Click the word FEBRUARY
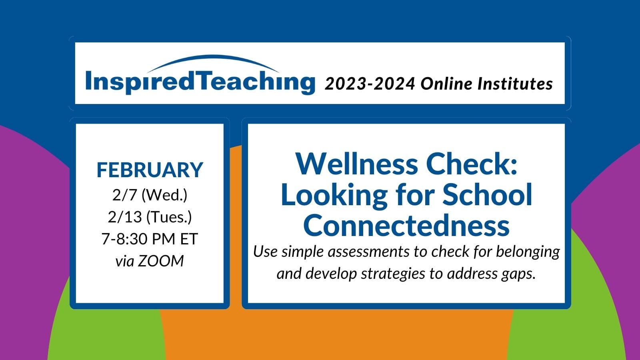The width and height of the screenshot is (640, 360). click(150, 170)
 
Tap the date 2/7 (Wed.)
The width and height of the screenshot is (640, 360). click(150, 195)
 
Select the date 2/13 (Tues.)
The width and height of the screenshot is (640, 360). click(150, 217)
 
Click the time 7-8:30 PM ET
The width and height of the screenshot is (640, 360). click(150, 239)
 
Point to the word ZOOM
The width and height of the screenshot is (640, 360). click(161, 261)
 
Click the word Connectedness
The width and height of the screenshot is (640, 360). click(406, 225)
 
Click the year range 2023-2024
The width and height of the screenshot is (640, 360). click(370, 84)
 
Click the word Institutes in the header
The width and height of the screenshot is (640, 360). click(516, 84)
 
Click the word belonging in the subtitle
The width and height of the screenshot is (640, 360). click(528, 252)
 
